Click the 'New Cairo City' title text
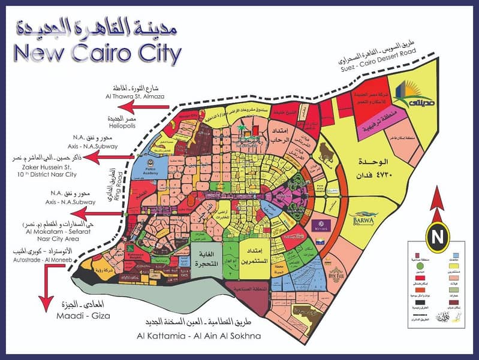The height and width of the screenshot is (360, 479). click(96, 53)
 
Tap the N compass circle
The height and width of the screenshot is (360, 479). click(438, 232)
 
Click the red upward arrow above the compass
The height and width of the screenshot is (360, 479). click(438, 198)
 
